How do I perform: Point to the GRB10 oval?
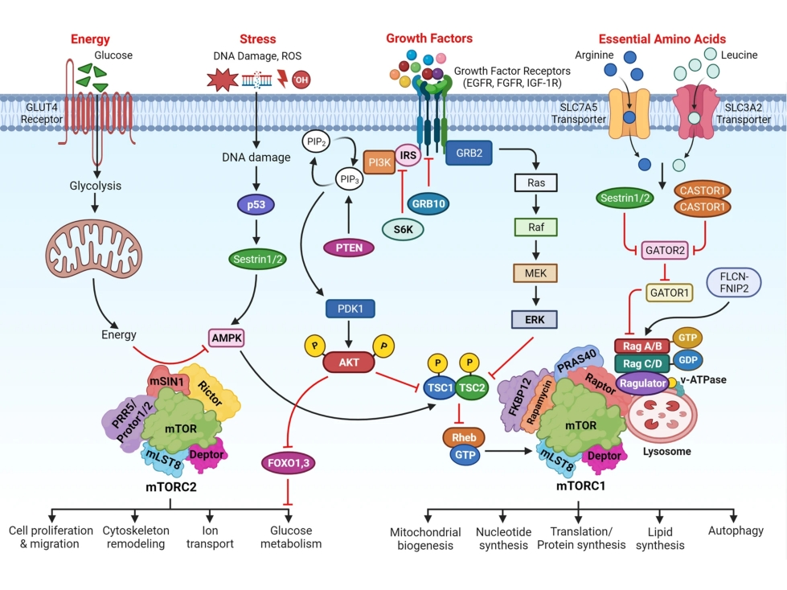pyautogui.click(x=429, y=203)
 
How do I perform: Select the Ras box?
pyautogui.click(x=537, y=183)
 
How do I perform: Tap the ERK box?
pyautogui.click(x=537, y=320)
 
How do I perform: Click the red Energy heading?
pyautogui.click(x=91, y=39)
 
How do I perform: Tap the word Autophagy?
pyautogui.click(x=736, y=531)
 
